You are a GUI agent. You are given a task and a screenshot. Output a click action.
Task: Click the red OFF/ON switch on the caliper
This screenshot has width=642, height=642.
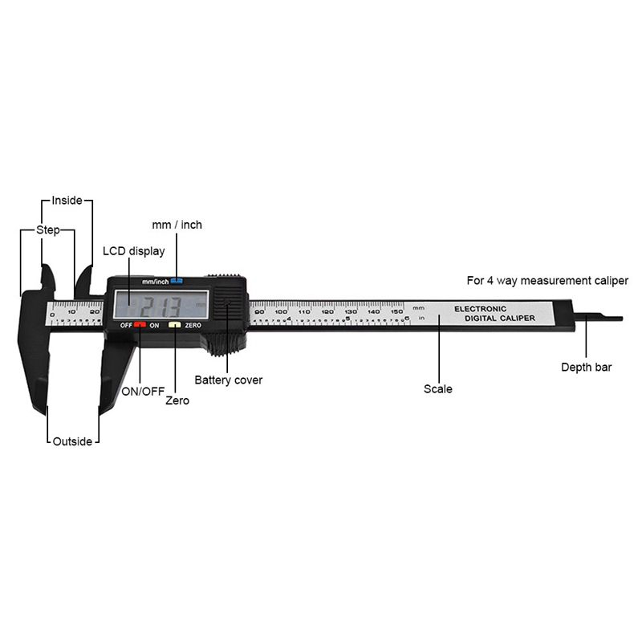coord(140,325)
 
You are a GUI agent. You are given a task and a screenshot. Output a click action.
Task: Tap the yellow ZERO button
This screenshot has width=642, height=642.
coord(173,325)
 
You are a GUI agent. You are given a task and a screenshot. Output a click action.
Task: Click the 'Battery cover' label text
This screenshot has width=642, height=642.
coord(229,380)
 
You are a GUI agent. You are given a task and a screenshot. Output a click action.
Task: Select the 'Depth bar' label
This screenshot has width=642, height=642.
coord(586,368)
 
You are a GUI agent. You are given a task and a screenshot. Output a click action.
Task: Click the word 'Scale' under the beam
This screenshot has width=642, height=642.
coord(438,389)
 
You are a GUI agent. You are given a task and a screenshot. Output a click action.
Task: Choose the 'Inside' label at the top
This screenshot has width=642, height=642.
coord(67,200)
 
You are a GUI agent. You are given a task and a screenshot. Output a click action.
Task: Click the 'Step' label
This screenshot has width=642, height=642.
coord(48,230)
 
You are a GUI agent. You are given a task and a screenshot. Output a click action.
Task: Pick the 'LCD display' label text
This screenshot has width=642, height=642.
coord(134,251)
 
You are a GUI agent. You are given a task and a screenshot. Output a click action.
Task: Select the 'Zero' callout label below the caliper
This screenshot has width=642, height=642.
coord(177,400)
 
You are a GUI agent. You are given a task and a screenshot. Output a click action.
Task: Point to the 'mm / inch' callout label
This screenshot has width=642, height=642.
coord(177,225)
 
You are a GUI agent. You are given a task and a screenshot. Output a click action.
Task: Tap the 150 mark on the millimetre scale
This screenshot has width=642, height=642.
coord(396,311)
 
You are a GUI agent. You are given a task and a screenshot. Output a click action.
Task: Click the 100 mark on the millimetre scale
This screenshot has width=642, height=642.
coord(281,311)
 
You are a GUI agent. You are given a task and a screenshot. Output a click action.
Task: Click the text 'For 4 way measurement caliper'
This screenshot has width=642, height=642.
coord(547,281)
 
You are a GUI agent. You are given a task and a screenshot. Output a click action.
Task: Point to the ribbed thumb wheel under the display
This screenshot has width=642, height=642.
coord(227,346)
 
